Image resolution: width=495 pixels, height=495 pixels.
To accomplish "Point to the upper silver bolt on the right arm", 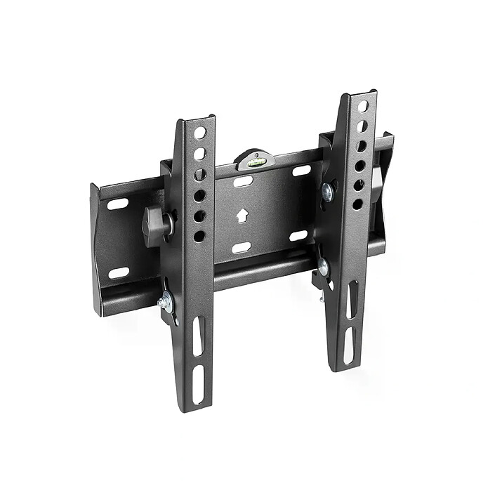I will point(327,191).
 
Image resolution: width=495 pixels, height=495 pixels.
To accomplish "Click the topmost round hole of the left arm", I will point(200,133).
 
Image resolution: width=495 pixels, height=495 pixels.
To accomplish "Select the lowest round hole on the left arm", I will point(199,237).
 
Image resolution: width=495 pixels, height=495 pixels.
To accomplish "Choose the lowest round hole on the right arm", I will point(357,204).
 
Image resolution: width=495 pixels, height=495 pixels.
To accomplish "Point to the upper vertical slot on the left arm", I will point(199,335).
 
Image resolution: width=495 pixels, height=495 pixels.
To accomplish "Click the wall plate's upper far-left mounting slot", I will point(118,204).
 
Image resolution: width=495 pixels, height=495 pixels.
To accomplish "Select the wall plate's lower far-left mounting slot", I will point(119,272).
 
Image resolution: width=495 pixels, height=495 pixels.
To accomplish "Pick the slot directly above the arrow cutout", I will point(243,182).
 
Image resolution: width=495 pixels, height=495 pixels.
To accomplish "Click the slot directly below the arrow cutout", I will point(242,247).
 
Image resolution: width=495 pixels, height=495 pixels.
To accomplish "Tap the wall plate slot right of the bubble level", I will point(301,171).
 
